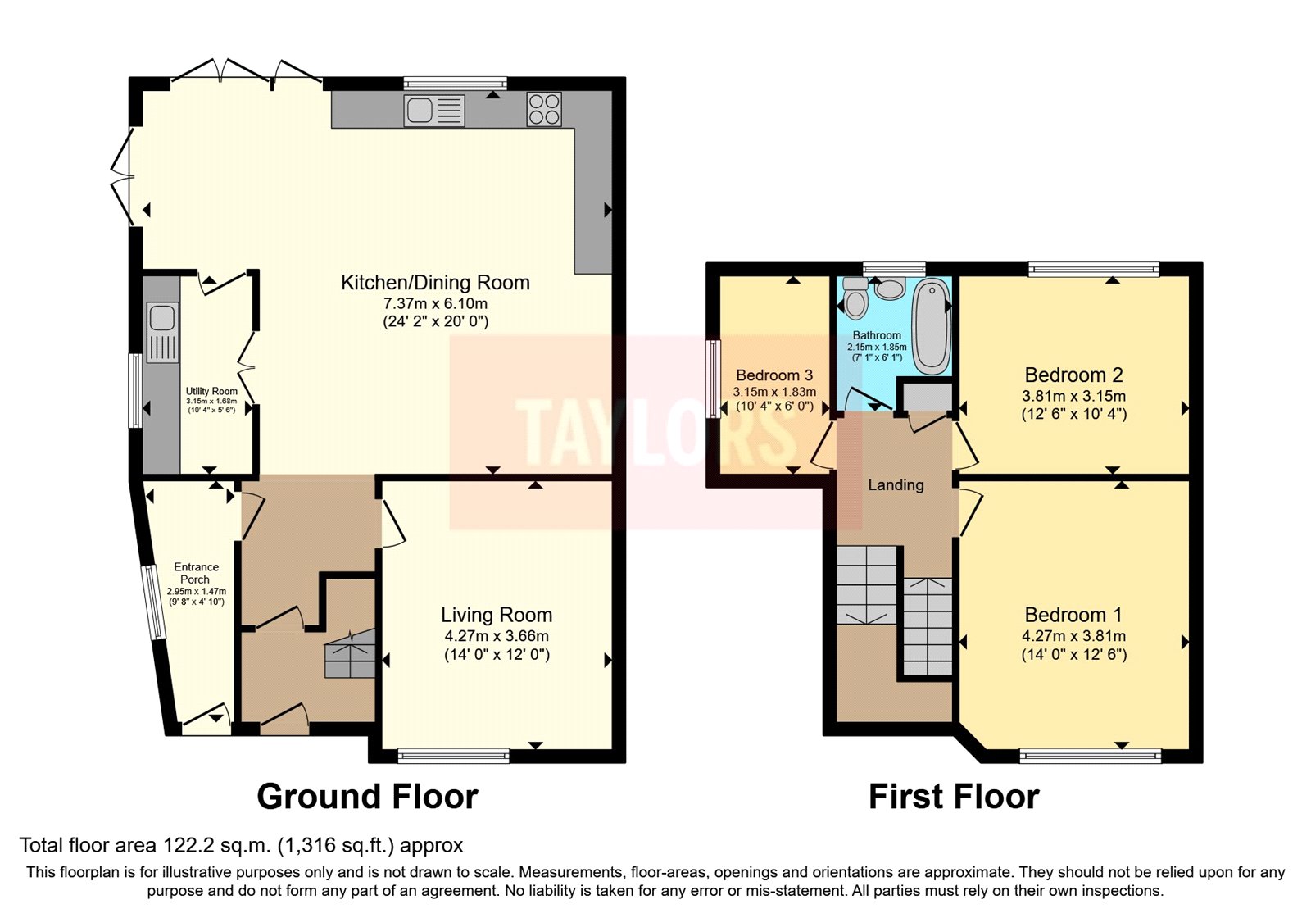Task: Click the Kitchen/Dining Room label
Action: coord(435,283)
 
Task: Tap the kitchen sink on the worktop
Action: coord(434,110)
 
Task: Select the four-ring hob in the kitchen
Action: coord(544,109)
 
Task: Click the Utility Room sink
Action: coord(162,333)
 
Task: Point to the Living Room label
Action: coord(497,615)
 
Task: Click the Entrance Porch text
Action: coord(196,573)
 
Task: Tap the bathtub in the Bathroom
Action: coord(931,326)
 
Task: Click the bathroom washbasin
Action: coord(890,289)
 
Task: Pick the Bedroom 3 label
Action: coord(774,375)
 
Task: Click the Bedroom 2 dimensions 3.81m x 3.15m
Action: coord(1073,396)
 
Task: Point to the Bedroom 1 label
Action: coord(1073,615)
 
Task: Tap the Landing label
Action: coord(896,485)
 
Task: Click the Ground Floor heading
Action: coord(367,797)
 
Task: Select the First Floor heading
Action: coord(954,797)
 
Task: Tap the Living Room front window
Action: coord(453,756)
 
